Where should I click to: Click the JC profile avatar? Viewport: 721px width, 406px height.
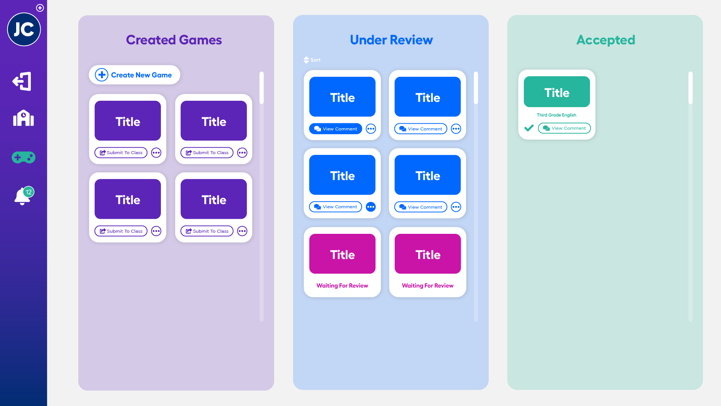(x=24, y=29)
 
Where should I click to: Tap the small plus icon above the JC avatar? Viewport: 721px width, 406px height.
(x=40, y=8)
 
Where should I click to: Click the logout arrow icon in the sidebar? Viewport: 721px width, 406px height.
(x=22, y=81)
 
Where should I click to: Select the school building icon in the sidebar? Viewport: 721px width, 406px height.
(x=23, y=118)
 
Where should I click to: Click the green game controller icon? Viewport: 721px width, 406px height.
(x=23, y=157)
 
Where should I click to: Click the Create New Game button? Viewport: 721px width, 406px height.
(x=134, y=75)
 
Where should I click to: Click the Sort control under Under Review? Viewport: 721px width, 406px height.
(x=312, y=60)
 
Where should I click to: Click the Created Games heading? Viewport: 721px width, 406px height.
(x=174, y=40)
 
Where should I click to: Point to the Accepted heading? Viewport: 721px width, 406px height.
(x=606, y=40)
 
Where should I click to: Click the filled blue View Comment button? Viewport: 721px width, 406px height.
(x=335, y=129)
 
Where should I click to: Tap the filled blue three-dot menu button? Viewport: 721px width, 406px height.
(x=371, y=207)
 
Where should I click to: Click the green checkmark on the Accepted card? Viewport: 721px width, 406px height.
(x=529, y=128)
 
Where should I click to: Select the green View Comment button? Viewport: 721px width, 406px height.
(x=564, y=128)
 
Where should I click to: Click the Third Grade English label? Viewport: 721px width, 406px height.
(x=556, y=115)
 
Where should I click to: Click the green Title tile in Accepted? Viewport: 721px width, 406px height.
(x=557, y=92)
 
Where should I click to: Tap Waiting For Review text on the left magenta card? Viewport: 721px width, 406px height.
(x=342, y=286)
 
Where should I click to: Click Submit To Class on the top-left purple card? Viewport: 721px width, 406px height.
(x=121, y=153)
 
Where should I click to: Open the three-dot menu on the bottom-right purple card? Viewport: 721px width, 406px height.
(x=242, y=231)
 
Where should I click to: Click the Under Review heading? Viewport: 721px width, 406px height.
(x=391, y=40)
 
